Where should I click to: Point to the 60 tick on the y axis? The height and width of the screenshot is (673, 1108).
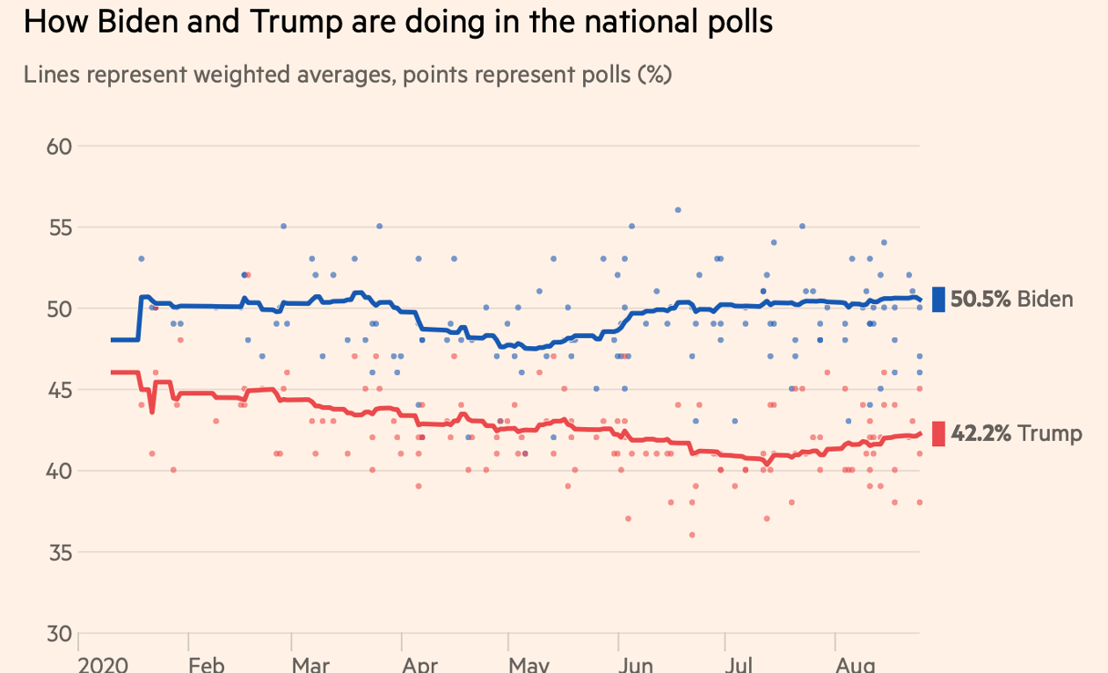click(x=60, y=146)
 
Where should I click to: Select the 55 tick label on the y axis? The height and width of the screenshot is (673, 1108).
click(x=60, y=228)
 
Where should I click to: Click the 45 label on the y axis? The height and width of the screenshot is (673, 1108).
click(x=60, y=390)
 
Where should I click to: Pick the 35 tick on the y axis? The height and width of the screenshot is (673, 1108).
click(x=60, y=553)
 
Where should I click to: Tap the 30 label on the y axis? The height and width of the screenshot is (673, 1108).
click(x=60, y=633)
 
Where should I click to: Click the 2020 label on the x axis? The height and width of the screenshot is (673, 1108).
click(x=104, y=664)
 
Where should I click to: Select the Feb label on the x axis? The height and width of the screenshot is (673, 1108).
click(x=207, y=664)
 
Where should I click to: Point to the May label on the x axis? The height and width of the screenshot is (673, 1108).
click(x=528, y=664)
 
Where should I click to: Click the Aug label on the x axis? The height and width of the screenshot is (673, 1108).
click(x=855, y=664)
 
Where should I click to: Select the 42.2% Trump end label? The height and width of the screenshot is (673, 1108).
click(x=1016, y=433)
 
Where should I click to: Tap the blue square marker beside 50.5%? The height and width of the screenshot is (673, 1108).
click(x=939, y=300)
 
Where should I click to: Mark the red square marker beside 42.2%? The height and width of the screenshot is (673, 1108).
click(x=939, y=433)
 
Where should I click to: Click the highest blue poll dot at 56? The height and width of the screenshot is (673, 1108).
click(x=678, y=210)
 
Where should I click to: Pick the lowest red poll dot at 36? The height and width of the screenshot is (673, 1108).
click(x=692, y=534)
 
